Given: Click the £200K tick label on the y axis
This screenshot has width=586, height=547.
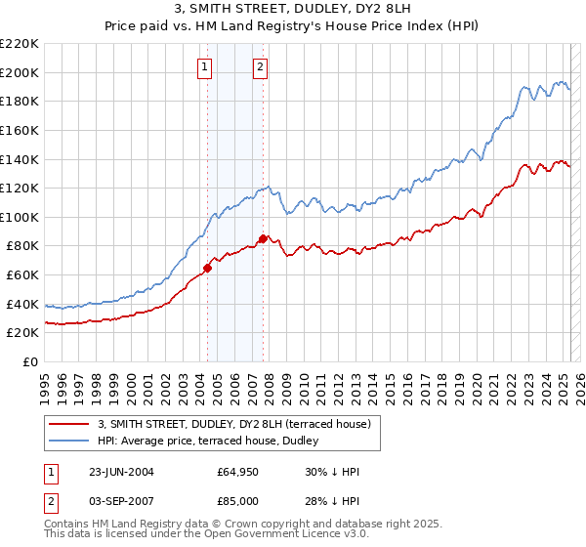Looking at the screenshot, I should [20, 72].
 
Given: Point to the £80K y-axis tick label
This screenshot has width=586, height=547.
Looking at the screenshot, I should [22, 246].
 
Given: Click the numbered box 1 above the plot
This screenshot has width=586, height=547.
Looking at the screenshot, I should [205, 67].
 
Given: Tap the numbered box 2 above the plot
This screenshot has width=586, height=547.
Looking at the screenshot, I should [262, 67].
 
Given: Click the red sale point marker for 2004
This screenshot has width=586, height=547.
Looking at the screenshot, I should [207, 268].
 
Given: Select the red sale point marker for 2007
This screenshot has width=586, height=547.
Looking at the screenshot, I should [263, 238].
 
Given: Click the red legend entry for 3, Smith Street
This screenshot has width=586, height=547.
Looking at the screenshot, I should [234, 424].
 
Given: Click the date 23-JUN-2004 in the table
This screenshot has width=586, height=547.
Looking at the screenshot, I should [121, 471].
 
